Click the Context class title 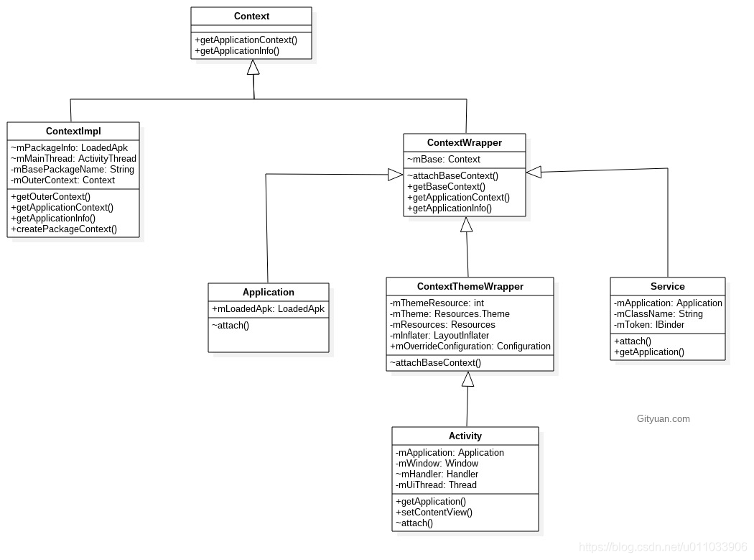pyautogui.click(x=251, y=16)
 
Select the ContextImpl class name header pyautogui.click(x=73, y=131)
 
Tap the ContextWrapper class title pyautogui.click(x=464, y=142)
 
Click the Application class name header pyautogui.click(x=269, y=292)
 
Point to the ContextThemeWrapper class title pyautogui.click(x=470, y=286)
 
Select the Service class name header pyautogui.click(x=667, y=286)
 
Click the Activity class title pyautogui.click(x=465, y=436)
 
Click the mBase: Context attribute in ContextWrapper pyautogui.click(x=444, y=159)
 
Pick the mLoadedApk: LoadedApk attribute pyautogui.click(x=268, y=308)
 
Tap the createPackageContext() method pyautogui.click(x=64, y=229)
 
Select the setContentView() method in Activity pyautogui.click(x=434, y=512)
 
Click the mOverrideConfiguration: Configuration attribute pyautogui.click(x=470, y=346)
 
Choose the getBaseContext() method pyautogui.click(x=446, y=186)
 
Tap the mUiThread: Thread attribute pyautogui.click(x=436, y=485)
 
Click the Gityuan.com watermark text pyautogui.click(x=663, y=418)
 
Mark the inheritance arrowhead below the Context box pyautogui.click(x=253, y=68)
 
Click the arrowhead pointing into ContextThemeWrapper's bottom pyautogui.click(x=468, y=379)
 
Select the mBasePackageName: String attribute pyautogui.click(x=72, y=170)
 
